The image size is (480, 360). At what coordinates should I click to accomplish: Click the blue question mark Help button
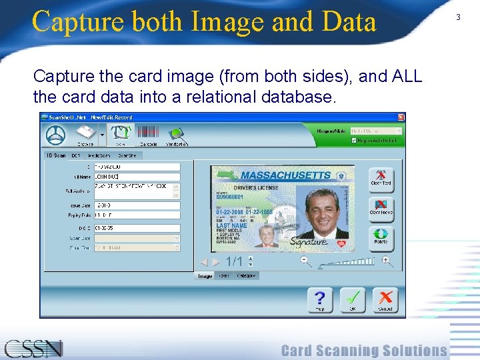point(320,299)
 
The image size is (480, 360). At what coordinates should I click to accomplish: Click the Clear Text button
point(381,179)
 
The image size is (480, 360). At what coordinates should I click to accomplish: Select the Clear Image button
point(381,209)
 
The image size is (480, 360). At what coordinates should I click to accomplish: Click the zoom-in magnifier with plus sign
point(386,261)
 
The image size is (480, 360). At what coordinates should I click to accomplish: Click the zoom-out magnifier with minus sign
point(305,261)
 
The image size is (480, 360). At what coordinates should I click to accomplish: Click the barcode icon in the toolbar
point(148,133)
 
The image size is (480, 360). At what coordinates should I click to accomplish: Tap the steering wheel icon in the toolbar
point(55,135)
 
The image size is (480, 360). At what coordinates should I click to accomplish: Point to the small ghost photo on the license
point(267,234)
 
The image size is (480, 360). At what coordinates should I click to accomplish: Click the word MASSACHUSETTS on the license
point(285,175)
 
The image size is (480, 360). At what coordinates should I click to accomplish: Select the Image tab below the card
point(205,276)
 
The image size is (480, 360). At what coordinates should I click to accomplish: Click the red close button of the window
point(401,117)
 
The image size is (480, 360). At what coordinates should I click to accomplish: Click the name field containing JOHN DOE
point(137,177)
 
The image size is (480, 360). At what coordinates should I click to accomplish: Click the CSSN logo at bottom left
point(33,348)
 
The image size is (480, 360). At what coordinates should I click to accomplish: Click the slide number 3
point(458,17)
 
